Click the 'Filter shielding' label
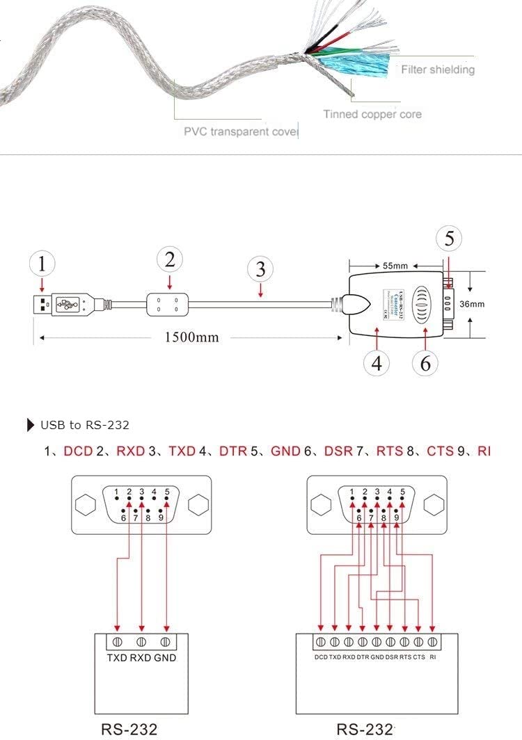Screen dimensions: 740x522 pyautogui.click(x=437, y=70)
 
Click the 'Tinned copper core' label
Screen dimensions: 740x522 pyautogui.click(x=372, y=114)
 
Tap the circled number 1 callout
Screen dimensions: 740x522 pyautogui.click(x=43, y=264)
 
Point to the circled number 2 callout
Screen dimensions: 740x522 pyautogui.click(x=169, y=260)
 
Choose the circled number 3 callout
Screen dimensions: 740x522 pyautogui.click(x=260, y=268)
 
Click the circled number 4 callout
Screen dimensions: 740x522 pyautogui.click(x=376, y=363)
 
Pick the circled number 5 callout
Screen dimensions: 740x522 pyautogui.click(x=450, y=239)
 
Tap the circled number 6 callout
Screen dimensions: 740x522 pyautogui.click(x=426, y=363)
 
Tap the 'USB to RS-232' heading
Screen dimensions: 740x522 pyautogui.click(x=84, y=425)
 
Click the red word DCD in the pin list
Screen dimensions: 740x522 pyautogui.click(x=78, y=451)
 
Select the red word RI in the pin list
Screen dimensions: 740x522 pyautogui.click(x=484, y=451)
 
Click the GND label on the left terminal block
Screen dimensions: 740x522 pyautogui.click(x=166, y=657)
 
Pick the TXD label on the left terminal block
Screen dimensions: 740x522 pyautogui.click(x=117, y=657)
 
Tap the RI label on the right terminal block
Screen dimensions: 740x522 pyautogui.click(x=433, y=657)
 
